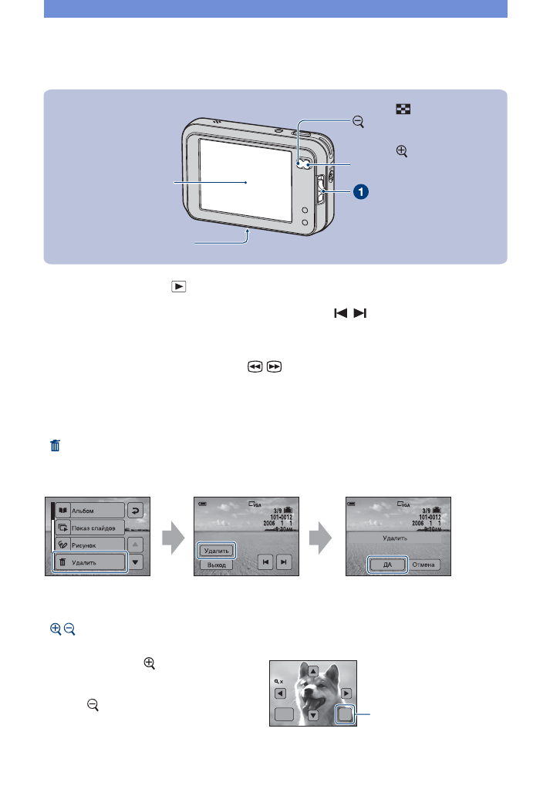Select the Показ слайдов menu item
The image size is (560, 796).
click(x=89, y=528)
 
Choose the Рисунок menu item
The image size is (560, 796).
click(x=89, y=545)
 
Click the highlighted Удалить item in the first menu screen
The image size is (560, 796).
click(x=89, y=563)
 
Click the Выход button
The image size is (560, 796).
click(x=216, y=565)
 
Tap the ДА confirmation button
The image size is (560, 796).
click(x=386, y=564)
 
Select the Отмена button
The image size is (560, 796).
click(x=424, y=564)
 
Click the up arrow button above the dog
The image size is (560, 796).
click(x=313, y=670)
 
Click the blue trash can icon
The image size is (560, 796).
click(x=56, y=446)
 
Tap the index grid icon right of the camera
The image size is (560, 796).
click(x=401, y=110)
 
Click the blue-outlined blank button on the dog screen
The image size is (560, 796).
click(x=346, y=715)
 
